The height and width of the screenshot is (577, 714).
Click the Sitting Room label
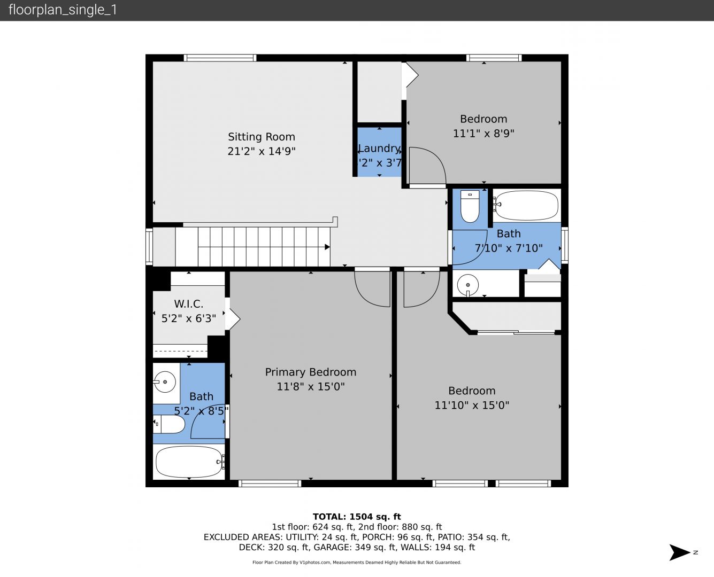point(262,137)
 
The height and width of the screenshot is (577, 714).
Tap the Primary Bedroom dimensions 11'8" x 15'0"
point(311,386)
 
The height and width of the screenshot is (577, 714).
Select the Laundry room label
point(379,149)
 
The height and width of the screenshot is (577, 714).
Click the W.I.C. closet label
point(189,304)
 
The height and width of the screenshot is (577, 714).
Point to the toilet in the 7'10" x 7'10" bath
point(470,206)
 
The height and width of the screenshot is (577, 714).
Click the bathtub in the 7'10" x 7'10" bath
point(527,205)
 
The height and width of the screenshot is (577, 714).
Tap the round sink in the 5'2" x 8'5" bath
point(165,382)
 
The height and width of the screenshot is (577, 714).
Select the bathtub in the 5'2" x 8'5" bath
point(189,462)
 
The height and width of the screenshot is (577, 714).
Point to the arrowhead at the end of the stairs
point(327,247)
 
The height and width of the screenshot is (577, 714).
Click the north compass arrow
point(679,552)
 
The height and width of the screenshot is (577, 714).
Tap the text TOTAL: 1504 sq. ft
point(357,517)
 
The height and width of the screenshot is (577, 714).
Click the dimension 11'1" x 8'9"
point(483,133)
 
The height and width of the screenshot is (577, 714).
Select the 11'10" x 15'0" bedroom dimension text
point(472,405)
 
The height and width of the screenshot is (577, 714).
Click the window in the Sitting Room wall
point(220,58)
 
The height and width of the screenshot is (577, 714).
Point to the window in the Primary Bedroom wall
point(270,483)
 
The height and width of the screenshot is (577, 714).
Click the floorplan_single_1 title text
point(63,10)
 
